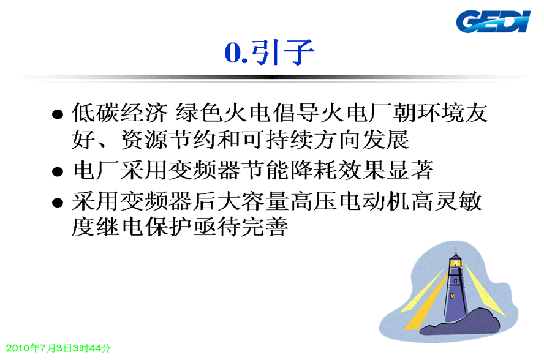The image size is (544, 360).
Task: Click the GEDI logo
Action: click(x=493, y=21)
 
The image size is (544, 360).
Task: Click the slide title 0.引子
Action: click(x=269, y=52)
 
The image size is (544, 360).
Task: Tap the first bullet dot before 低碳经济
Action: click(x=57, y=114)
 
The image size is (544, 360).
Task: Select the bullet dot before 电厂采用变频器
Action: click(x=57, y=171)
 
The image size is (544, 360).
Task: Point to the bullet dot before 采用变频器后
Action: click(x=57, y=203)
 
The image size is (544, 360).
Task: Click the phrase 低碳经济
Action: click(x=119, y=113)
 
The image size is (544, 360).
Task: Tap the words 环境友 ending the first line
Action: click(x=452, y=113)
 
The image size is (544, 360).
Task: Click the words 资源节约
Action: click(x=168, y=140)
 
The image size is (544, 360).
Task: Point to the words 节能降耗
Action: click(x=289, y=170)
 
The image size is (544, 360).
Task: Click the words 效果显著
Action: click(x=385, y=170)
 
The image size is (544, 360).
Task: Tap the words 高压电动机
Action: click(x=350, y=201)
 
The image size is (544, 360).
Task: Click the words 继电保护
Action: click(x=144, y=227)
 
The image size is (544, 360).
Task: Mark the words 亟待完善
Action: click(x=240, y=227)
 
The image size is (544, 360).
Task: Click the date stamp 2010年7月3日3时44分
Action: click(x=58, y=348)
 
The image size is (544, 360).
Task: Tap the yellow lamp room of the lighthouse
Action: click(x=456, y=263)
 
